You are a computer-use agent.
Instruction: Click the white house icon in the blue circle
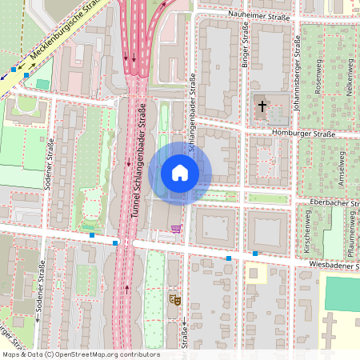pyautogui.click(x=180, y=173)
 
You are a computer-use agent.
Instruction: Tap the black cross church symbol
pyautogui.click(x=262, y=106)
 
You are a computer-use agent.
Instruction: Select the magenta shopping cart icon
pyautogui.click(x=175, y=229)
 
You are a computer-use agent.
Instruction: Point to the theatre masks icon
pyautogui.click(x=173, y=299)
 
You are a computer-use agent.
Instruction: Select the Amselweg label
pyautogui.click(x=343, y=167)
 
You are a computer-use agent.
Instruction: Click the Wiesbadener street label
pyautogui.click(x=333, y=264)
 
